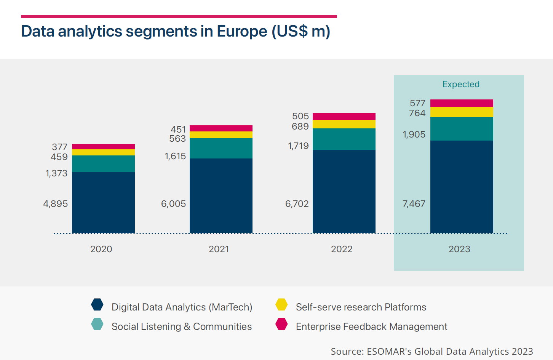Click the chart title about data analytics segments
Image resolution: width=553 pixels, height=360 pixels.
click(176, 31)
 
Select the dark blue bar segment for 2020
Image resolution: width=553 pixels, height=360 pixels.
click(103, 202)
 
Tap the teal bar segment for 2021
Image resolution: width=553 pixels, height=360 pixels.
click(221, 148)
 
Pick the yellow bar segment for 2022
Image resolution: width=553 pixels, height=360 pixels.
click(344, 124)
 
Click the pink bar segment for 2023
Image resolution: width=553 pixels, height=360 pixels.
click(462, 103)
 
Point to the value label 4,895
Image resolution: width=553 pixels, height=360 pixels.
click(56, 204)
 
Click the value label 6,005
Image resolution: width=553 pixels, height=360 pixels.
click(173, 204)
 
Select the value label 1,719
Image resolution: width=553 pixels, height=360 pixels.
click(298, 146)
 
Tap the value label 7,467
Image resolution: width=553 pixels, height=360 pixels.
click(414, 204)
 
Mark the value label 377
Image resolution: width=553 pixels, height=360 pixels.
click(60, 147)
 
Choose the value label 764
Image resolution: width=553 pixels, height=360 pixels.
click(417, 113)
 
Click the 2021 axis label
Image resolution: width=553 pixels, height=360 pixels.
click(219, 249)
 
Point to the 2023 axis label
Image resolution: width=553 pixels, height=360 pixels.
click(459, 249)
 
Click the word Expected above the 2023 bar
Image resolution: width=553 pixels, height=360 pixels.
click(461, 84)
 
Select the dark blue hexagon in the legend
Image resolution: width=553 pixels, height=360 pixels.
click(97, 305)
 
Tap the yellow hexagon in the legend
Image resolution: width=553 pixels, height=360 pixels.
click(281, 305)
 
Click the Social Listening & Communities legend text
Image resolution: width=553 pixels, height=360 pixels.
click(182, 326)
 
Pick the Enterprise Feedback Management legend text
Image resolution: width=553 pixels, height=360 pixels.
click(371, 326)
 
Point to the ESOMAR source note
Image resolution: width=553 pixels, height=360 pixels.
click(432, 351)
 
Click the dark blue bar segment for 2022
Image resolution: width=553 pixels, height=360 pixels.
click(344, 191)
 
